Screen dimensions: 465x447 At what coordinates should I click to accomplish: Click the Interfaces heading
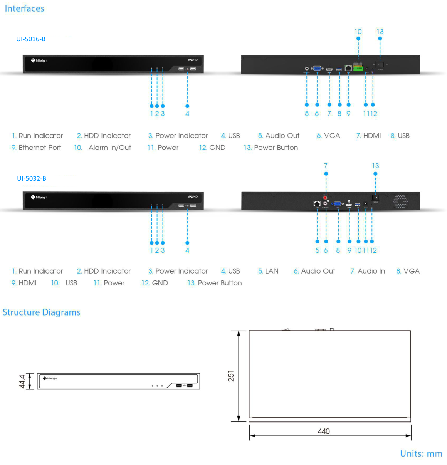[x=24, y=8]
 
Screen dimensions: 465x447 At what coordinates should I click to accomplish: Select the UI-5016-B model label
[x=31, y=39]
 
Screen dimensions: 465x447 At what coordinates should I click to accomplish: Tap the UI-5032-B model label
[x=32, y=178]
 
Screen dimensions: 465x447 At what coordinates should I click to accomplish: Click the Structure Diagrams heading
[x=42, y=312]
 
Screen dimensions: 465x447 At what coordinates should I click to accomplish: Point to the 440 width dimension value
[x=324, y=431]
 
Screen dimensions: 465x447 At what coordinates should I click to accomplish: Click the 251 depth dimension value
[x=231, y=376]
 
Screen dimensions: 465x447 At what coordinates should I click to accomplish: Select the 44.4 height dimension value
[x=22, y=381]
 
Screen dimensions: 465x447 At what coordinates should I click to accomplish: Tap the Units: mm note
[x=421, y=453]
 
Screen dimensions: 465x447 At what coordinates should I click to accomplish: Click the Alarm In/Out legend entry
[x=103, y=148]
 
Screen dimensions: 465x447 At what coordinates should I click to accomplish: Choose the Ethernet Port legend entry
[x=36, y=148]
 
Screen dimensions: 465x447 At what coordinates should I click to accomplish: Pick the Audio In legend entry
[x=368, y=271]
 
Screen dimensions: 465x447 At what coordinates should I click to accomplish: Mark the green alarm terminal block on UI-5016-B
[x=358, y=68]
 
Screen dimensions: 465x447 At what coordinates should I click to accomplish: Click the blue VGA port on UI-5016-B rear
[x=317, y=68]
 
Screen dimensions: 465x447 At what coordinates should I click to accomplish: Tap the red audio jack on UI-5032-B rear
[x=325, y=198]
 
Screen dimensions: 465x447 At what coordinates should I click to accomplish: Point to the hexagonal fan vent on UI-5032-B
[x=400, y=201]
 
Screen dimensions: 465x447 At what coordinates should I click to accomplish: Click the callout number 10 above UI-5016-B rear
[x=358, y=32]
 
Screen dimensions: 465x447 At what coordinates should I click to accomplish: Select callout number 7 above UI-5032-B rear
[x=326, y=166]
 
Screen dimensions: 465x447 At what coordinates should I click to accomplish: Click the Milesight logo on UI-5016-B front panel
[x=39, y=60]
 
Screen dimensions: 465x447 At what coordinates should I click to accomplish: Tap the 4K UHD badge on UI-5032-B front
[x=193, y=197]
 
